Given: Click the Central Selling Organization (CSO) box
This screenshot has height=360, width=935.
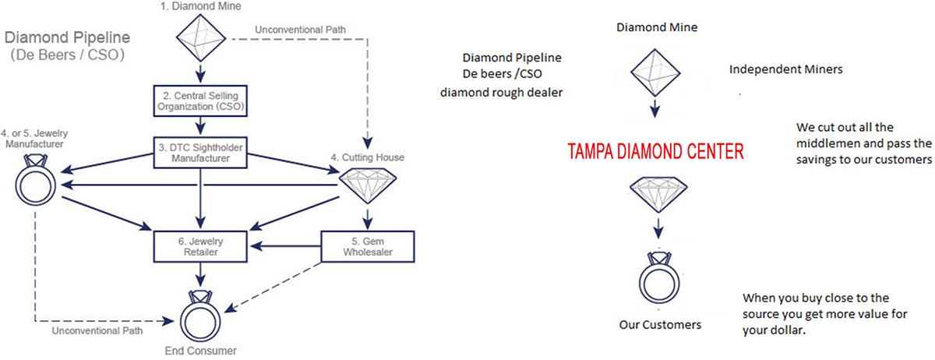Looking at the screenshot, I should (x=202, y=100).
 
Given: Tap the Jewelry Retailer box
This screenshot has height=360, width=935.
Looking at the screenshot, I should (x=202, y=246).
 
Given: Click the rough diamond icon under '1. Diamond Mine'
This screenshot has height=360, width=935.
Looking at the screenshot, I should (x=202, y=38).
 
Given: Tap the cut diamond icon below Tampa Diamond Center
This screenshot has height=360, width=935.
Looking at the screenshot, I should (x=658, y=193).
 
